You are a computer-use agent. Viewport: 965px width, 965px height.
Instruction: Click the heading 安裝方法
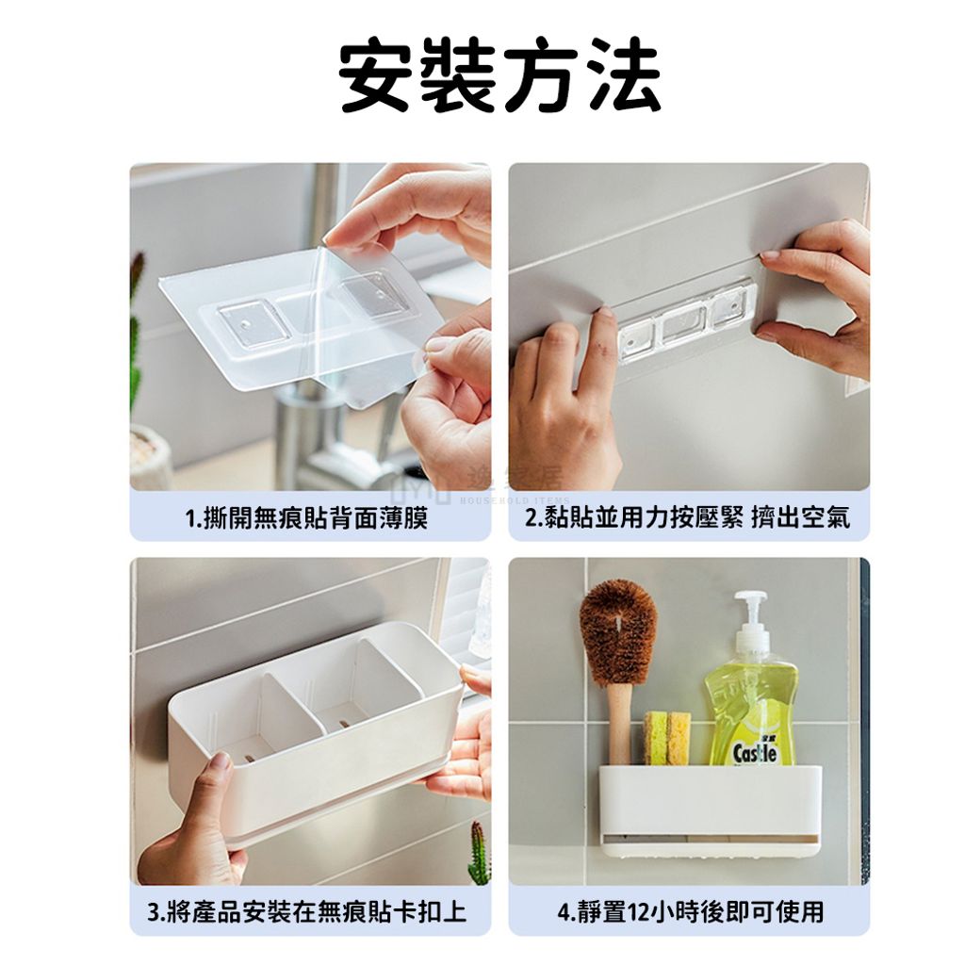point(499,75)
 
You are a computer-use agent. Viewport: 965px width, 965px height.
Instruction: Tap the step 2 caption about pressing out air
point(687,517)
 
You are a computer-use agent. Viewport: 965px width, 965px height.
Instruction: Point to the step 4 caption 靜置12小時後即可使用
point(690,911)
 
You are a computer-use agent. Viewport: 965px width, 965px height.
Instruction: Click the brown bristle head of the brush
point(618,634)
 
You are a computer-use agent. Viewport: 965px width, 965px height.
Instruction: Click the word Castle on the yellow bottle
point(755,753)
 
